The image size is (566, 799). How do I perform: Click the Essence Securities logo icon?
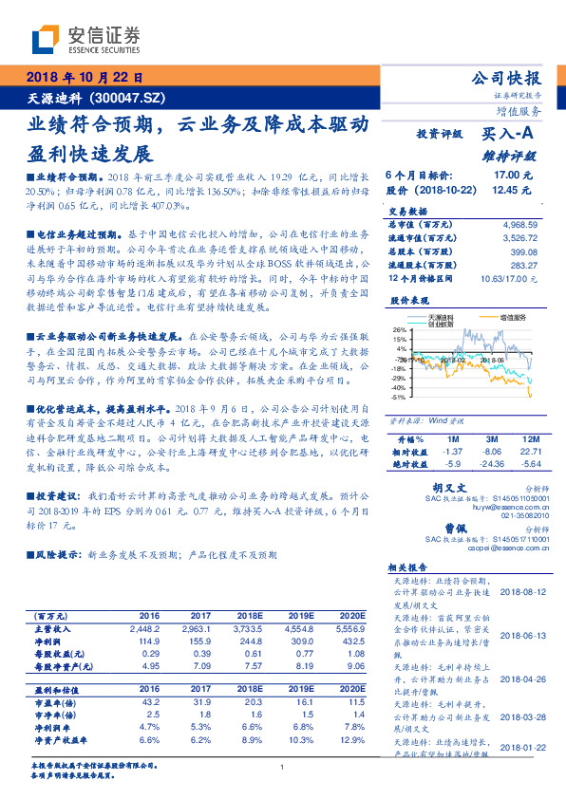46,38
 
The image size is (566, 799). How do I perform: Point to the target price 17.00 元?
511,176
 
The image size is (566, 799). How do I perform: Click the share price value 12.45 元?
511,190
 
